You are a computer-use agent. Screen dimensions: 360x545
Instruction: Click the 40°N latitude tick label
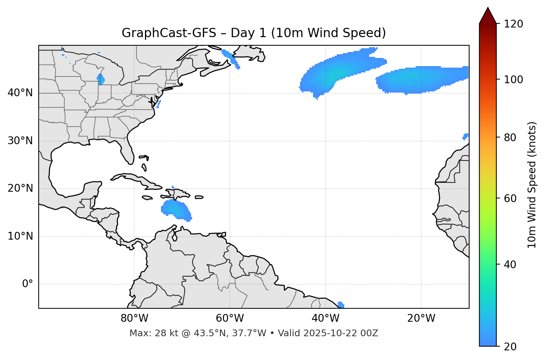[x=20, y=93]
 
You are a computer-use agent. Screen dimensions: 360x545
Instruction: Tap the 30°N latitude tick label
[x=20, y=141]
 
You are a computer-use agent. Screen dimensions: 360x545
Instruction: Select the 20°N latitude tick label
[x=20, y=188]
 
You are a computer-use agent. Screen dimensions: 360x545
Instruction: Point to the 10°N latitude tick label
[x=20, y=236]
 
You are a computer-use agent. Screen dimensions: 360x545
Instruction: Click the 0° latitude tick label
[x=28, y=284]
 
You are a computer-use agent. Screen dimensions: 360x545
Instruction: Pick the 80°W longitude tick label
[x=134, y=318]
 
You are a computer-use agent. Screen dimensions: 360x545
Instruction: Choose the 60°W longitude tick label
[x=230, y=318]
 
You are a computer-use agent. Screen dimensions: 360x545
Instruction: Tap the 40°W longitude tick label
[x=325, y=318]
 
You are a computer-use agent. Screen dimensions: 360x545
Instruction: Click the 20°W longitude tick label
[x=421, y=318]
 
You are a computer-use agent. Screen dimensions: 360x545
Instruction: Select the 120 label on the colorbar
[x=513, y=24]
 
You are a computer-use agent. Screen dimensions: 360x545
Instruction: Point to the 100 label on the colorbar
[x=513, y=80]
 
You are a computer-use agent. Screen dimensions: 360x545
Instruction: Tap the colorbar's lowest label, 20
[x=510, y=347]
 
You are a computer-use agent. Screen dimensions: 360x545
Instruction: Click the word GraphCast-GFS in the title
[x=169, y=33]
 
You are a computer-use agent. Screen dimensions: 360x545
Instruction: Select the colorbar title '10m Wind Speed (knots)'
[x=532, y=185]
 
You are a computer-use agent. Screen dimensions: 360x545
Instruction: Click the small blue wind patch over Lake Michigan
[x=100, y=80]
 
